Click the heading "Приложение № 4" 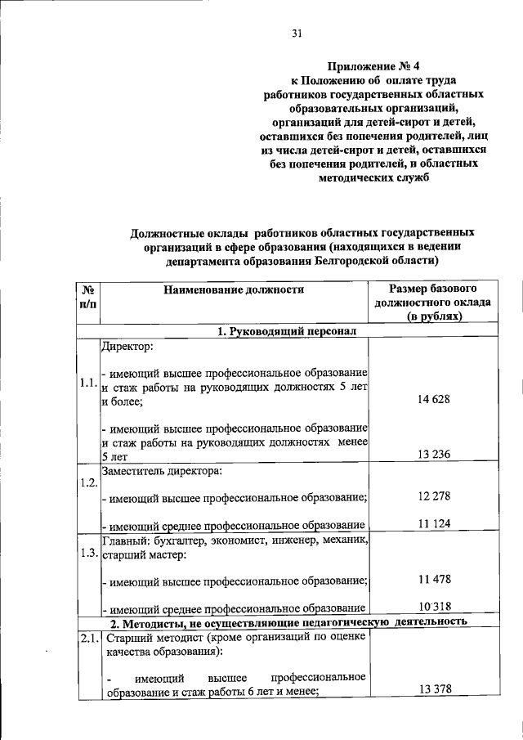pyautogui.click(x=365, y=65)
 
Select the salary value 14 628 pyautogui.click(x=434, y=398)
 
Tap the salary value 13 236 pyautogui.click(x=434, y=455)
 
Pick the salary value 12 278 pyautogui.click(x=434, y=496)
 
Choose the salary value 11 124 pyautogui.click(x=434, y=523)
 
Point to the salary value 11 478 pyautogui.click(x=434, y=579)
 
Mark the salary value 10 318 pyautogui.click(x=434, y=606)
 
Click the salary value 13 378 pyautogui.click(x=434, y=690)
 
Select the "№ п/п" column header pyautogui.click(x=88, y=296)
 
